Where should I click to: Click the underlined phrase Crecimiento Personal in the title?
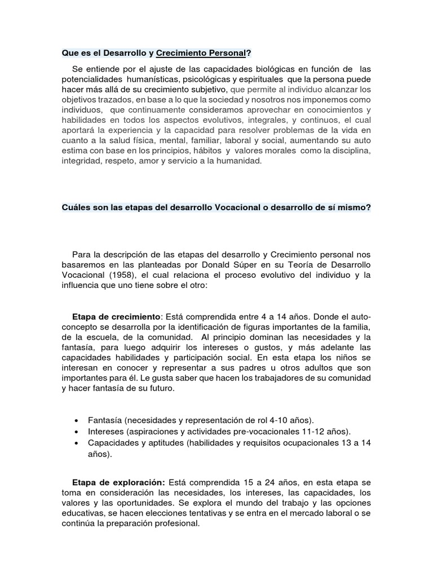[201, 54]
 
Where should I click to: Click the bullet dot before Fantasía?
[76, 421]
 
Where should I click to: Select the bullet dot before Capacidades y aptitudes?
[76, 443]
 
